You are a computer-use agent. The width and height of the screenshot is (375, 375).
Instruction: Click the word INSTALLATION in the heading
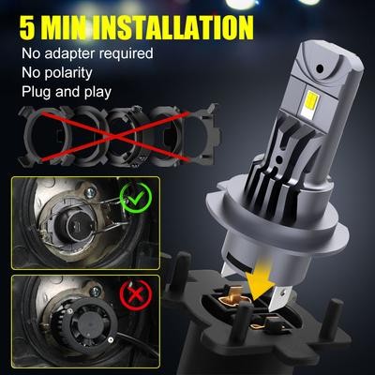click(x=173, y=27)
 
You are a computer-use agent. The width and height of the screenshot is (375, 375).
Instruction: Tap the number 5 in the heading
click(x=27, y=27)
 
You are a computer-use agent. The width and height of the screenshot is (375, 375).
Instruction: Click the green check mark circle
click(x=136, y=198)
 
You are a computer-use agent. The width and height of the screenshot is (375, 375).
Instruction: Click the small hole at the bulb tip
click(x=319, y=68)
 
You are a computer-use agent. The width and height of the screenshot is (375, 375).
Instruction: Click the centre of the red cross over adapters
click(x=114, y=136)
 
